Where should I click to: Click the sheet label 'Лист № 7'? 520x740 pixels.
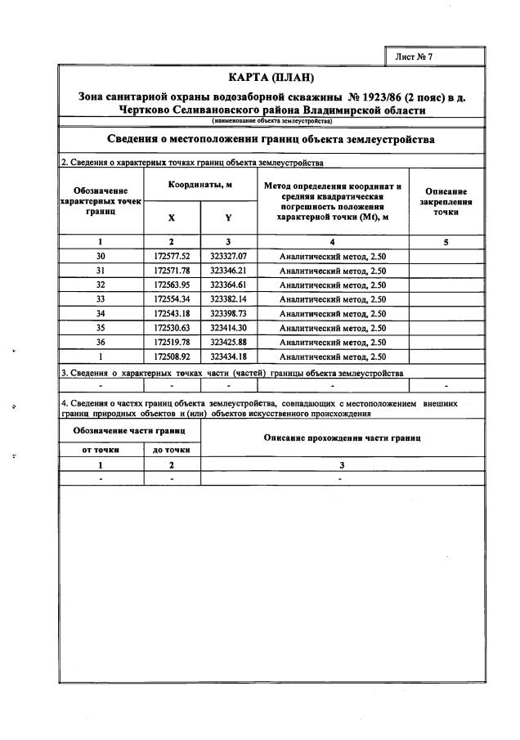pyautogui.click(x=413, y=56)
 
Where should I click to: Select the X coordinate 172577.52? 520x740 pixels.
pyautogui.click(x=172, y=256)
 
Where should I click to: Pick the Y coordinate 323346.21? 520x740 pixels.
pyautogui.click(x=228, y=271)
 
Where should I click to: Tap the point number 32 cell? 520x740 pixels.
pyautogui.click(x=101, y=285)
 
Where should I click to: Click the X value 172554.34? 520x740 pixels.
pyautogui.click(x=172, y=299)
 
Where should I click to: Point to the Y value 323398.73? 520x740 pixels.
pyautogui.click(x=228, y=314)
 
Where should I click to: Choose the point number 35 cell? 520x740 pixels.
pyautogui.click(x=101, y=328)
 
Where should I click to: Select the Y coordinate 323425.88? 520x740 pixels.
pyautogui.click(x=228, y=343)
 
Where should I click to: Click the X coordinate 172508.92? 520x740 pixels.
pyautogui.click(x=172, y=357)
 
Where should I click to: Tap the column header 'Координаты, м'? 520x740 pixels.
pyautogui.click(x=200, y=186)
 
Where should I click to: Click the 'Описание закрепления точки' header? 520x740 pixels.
pyautogui.click(x=446, y=201)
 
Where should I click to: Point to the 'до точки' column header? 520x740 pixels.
pyautogui.click(x=172, y=450)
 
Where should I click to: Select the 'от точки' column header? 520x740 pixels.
pyautogui.click(x=101, y=450)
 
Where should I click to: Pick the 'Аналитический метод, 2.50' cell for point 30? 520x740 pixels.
pyautogui.click(x=333, y=256)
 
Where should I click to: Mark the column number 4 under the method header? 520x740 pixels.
pyautogui.click(x=332, y=241)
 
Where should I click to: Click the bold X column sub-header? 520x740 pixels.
pyautogui.click(x=172, y=218)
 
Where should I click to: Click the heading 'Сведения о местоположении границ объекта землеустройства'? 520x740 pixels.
pyautogui.click(x=271, y=140)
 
